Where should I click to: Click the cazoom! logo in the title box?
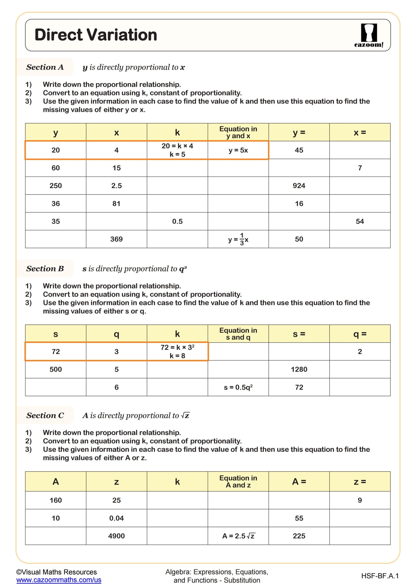pos(369,35)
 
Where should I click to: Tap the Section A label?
pos(45,67)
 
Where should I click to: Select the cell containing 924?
pos(299,185)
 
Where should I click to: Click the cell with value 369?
pos(116,239)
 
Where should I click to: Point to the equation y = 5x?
pos(238,150)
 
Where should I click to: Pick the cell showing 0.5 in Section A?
pos(177,221)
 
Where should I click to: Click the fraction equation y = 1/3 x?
pos(238,239)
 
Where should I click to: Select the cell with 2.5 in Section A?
pos(116,185)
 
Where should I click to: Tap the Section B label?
pos(45,269)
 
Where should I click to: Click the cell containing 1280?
pos(299,369)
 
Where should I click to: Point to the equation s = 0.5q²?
pos(238,387)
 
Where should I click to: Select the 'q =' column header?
pos(360,334)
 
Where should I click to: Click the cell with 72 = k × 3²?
pos(177,351)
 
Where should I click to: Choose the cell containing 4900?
pos(116,536)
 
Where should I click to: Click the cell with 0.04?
pos(116,518)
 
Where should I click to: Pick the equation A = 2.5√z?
pos(238,536)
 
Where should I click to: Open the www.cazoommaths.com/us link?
pos(59,580)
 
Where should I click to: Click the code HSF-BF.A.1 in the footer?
pos(380,576)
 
